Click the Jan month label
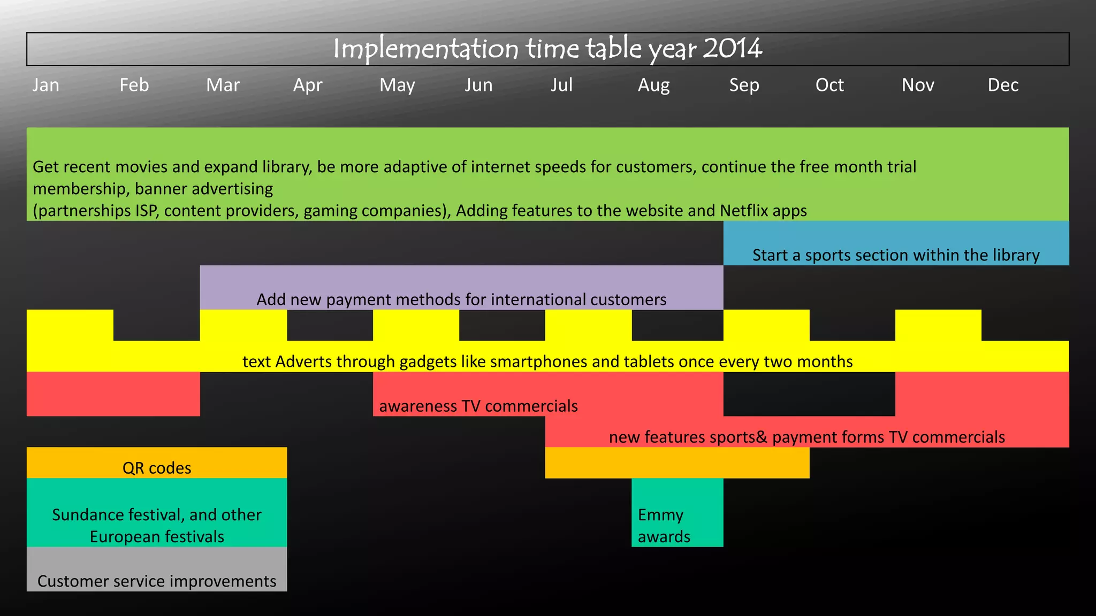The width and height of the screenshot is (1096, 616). click(x=45, y=85)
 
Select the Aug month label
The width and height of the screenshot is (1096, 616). click(x=653, y=85)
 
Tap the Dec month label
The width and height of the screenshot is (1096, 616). click(x=1003, y=85)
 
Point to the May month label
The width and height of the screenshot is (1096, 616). click(x=397, y=85)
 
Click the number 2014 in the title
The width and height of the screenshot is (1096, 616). click(x=732, y=49)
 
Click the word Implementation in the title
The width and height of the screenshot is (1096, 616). click(x=425, y=49)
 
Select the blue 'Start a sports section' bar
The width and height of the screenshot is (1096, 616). click(x=896, y=243)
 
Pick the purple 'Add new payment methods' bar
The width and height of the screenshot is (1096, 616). click(x=461, y=288)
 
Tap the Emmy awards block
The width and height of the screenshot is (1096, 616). click(x=677, y=512)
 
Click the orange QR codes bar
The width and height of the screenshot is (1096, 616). click(x=157, y=463)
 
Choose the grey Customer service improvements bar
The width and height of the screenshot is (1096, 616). click(x=157, y=569)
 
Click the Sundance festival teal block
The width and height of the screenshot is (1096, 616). click(x=157, y=512)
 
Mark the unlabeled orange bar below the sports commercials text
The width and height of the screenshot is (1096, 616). click(x=677, y=463)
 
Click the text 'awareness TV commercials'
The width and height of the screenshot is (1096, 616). click(x=478, y=406)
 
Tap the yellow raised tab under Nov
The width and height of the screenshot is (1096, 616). click(x=938, y=325)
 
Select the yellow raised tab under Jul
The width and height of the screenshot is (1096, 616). click(x=588, y=325)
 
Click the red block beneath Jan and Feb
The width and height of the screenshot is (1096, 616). click(x=113, y=394)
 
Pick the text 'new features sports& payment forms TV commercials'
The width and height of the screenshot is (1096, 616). click(x=806, y=437)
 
